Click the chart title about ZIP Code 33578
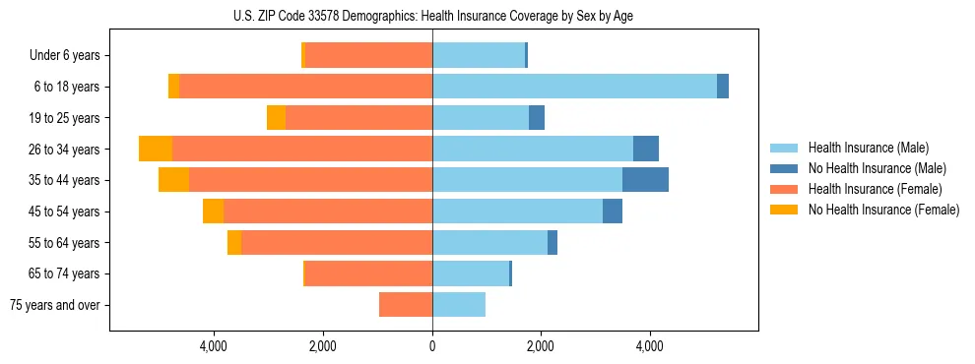[x=432, y=16]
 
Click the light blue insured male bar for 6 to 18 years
[x=574, y=87]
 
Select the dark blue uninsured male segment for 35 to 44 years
[x=645, y=180]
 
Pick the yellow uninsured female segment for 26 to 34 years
[x=156, y=149]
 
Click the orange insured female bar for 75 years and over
[x=406, y=305]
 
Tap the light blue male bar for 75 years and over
[x=459, y=305]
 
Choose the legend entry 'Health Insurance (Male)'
[x=868, y=148]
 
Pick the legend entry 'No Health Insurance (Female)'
[x=882, y=210]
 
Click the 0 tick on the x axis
[x=432, y=346]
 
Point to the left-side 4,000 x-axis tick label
[x=214, y=346]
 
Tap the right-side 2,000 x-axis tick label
[x=541, y=346]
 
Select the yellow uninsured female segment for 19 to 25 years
[x=276, y=118]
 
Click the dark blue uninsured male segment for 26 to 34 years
[x=646, y=149]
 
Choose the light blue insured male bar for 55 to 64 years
[x=489, y=243]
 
